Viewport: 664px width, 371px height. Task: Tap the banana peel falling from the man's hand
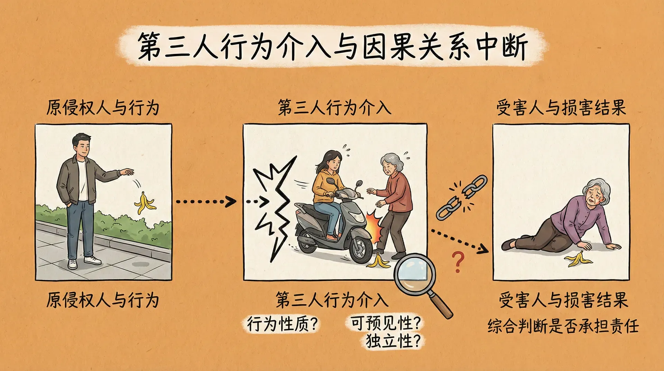point(144,203)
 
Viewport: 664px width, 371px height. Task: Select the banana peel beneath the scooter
point(378,261)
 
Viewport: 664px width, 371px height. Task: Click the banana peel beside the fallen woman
point(578,259)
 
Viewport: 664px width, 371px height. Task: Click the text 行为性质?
point(282,324)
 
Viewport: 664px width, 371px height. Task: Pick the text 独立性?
point(394,341)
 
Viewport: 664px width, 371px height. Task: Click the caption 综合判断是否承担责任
point(563,326)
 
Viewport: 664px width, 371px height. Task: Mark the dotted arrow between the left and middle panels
point(205,201)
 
